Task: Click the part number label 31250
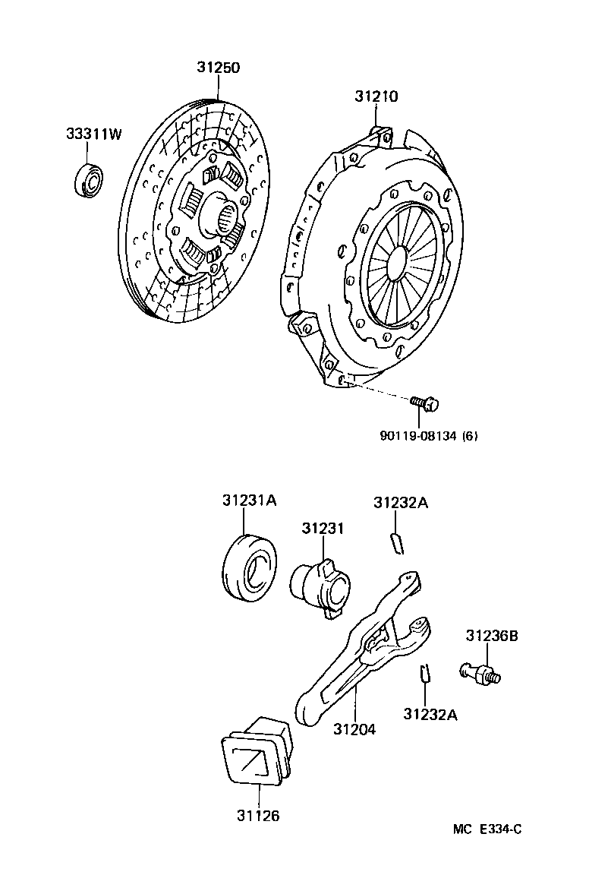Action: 219,68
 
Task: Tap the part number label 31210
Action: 376,96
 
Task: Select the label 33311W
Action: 93,134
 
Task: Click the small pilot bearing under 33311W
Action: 90,180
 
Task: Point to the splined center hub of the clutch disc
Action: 226,220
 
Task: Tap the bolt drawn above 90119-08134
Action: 424,404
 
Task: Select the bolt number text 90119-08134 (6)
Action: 429,435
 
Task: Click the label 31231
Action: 322,528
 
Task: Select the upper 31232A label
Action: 401,503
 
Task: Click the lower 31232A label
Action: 430,714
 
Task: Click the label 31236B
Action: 492,636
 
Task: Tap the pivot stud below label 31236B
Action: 480,672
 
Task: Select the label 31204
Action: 354,729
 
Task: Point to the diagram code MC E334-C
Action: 487,829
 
